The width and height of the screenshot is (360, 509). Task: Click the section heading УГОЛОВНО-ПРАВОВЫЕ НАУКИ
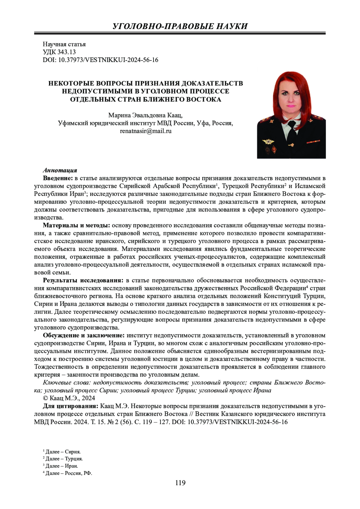(180, 26)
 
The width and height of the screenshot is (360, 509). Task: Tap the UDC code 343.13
(59, 52)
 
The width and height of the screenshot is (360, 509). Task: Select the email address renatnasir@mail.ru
(146, 131)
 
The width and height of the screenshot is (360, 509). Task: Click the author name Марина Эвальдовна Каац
(145, 115)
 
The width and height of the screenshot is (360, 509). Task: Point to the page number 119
(180, 483)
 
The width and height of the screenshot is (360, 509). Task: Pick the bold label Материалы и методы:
(76, 225)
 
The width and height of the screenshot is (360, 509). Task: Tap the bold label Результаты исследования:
(83, 280)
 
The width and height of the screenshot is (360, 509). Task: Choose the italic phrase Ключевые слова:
(67, 382)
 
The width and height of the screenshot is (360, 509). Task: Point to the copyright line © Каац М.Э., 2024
(69, 398)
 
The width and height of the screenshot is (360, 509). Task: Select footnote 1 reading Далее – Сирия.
(62, 452)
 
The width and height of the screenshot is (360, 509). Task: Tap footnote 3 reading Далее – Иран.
(61, 466)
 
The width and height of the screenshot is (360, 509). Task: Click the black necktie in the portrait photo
(289, 132)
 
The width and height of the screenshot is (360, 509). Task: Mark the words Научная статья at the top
(64, 44)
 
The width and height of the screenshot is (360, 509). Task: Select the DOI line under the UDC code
(100, 60)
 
